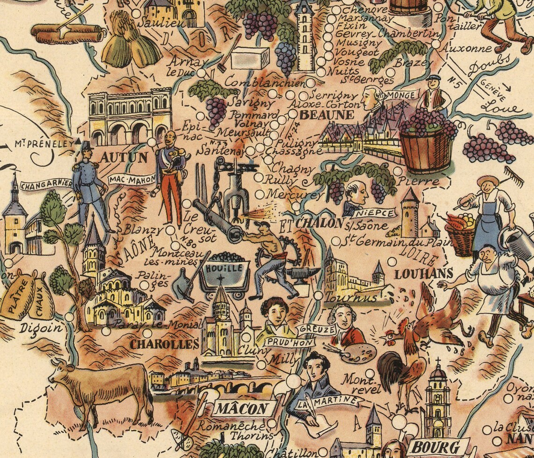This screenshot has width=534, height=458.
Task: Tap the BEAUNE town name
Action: pyautogui.click(x=321, y=115)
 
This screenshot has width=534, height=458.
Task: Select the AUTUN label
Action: pyautogui.click(x=124, y=157)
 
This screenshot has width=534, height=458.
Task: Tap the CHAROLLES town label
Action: pyautogui.click(x=164, y=345)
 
